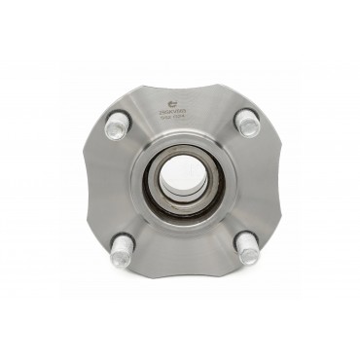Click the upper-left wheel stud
pos(116,125)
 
